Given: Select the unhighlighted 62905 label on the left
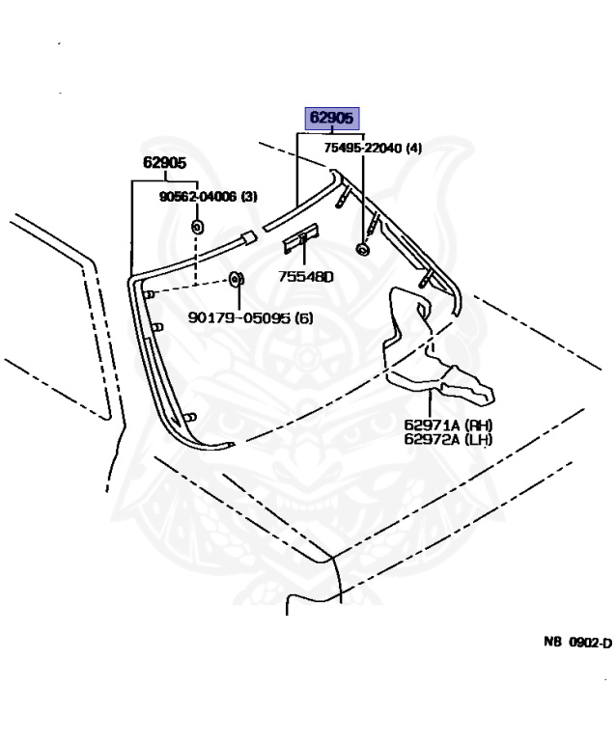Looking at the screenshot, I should tap(165, 163).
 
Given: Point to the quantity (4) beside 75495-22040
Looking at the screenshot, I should tap(413, 148).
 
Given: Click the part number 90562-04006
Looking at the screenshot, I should tap(198, 197).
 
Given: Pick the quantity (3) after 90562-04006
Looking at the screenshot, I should tap(248, 197).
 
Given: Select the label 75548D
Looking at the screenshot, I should tap(305, 276).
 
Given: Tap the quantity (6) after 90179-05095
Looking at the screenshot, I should tap(303, 317).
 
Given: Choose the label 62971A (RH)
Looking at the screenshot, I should tap(447, 425).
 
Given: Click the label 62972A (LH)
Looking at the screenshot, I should tap(447, 440).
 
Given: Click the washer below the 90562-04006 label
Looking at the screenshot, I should tap(197, 227).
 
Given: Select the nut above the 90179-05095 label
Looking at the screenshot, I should tap(234, 281).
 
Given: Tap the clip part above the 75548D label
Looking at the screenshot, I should tap(303, 234).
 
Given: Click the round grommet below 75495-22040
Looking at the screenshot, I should tap(363, 251).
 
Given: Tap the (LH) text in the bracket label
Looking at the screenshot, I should tap(477, 440).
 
